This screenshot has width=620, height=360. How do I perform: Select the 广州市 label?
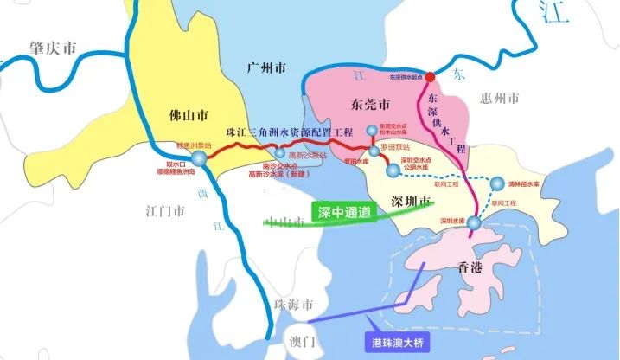pyautogui.click(x=265, y=67)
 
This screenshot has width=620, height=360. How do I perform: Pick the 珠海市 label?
pyautogui.click(x=294, y=304)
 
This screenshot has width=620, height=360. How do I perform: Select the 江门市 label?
pyautogui.click(x=163, y=210)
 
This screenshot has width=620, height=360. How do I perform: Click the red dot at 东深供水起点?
pyautogui.click(x=431, y=77)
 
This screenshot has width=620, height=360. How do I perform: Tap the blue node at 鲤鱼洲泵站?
pyautogui.click(x=200, y=160)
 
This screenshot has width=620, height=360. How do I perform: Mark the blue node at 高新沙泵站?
pyautogui.click(x=279, y=153)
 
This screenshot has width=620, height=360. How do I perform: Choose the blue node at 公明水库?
pyautogui.click(x=393, y=171)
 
